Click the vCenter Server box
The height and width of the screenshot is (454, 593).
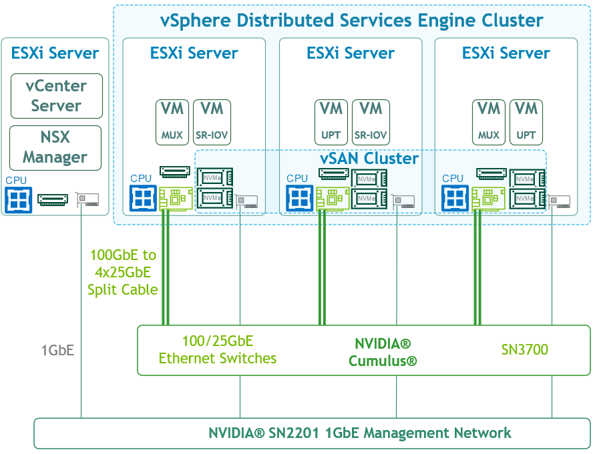pos(57,96)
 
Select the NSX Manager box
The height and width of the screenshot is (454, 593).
pos(55,148)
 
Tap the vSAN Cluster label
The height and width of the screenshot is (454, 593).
pos(369,158)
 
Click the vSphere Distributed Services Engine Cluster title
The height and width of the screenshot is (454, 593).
pos(352,21)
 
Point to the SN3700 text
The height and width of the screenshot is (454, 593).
pos(524,350)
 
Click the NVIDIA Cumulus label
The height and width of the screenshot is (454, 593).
pos(383,352)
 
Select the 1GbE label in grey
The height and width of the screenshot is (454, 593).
pos(57,351)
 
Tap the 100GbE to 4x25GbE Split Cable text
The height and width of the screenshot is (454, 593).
pos(122,272)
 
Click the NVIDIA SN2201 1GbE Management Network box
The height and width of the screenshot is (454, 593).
pos(312,433)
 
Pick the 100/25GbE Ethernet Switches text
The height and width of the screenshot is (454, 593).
pos(218,350)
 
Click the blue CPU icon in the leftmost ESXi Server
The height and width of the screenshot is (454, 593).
pos(18,200)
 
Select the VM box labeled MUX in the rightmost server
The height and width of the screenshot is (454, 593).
pos(489,123)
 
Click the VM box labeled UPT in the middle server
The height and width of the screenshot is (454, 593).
pos(331,123)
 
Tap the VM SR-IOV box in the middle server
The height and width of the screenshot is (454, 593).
pos(371,123)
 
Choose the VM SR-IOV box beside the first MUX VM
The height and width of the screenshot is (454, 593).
pos(212,123)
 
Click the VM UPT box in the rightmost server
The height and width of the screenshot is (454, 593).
pos(526,123)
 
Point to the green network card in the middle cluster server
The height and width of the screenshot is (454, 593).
pos(333,199)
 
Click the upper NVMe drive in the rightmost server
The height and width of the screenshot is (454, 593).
pos(527,179)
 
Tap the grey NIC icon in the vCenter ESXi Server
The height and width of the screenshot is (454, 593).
pos(87,199)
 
